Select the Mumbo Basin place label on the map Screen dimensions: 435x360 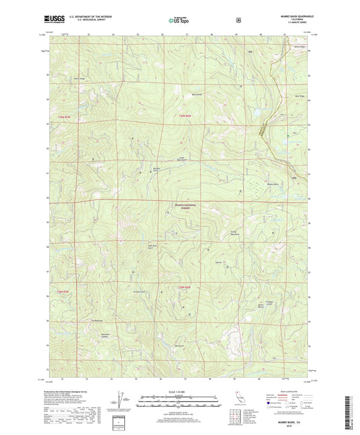[272, 184]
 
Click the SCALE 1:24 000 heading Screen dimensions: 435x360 [179, 391]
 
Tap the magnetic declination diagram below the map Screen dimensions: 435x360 [124, 401]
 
